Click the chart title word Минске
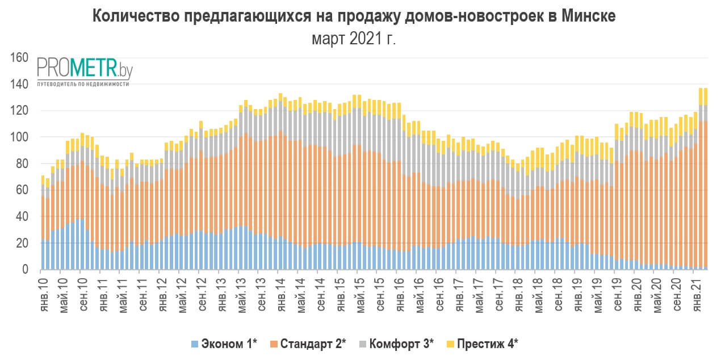[x=588, y=16]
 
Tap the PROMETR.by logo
[x=85, y=69]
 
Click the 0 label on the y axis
[x=26, y=270]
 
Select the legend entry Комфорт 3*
[x=401, y=344]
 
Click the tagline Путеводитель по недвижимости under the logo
[x=83, y=83]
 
